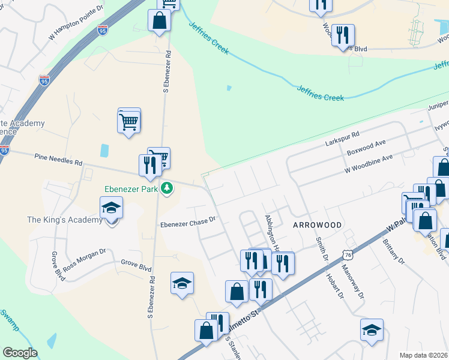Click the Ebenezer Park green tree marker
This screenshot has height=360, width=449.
click(167, 189)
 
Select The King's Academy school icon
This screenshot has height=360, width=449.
click(112, 208)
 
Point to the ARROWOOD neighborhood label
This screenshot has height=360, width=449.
click(317, 224)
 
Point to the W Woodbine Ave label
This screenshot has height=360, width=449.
click(368, 164)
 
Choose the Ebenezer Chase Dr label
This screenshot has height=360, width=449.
click(187, 222)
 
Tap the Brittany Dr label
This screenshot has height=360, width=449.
click(393, 253)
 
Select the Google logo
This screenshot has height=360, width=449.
click(20, 353)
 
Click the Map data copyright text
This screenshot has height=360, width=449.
click(423, 355)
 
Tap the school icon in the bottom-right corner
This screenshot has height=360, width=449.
click(372, 330)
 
